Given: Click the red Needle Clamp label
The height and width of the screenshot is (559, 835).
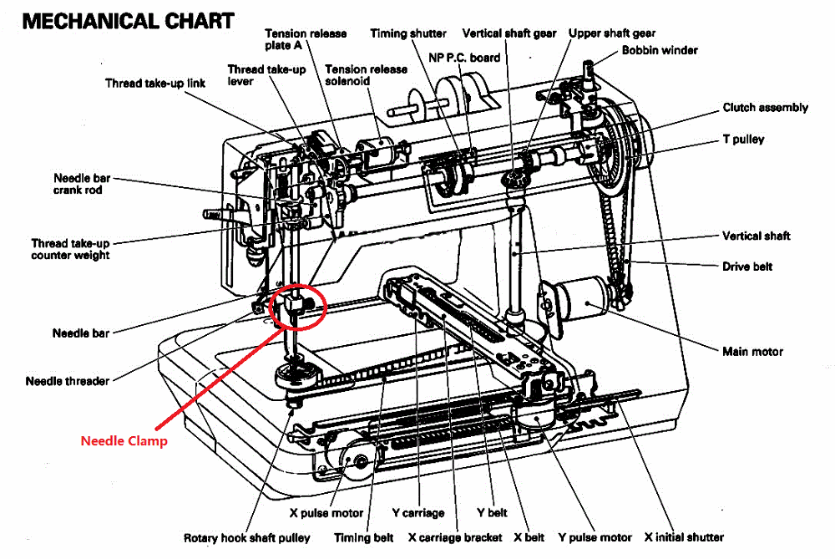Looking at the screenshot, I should point(124,440).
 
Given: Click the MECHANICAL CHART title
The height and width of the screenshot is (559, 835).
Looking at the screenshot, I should point(128,21).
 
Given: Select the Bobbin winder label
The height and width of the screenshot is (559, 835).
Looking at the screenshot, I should point(660,50).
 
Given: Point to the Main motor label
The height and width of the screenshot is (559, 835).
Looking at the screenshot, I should point(752,351).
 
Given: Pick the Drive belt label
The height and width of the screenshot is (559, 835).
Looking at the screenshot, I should point(747,267).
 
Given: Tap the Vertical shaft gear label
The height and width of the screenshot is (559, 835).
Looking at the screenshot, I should point(509,33).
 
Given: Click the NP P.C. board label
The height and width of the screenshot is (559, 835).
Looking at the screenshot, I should point(464,58).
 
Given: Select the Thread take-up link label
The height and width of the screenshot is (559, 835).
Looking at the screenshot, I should point(155,83).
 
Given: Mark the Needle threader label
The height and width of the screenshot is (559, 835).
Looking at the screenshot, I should point(68,381).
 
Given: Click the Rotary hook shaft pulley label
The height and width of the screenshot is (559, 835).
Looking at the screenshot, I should point(247,537).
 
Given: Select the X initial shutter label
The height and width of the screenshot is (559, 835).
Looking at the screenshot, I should point(684,536).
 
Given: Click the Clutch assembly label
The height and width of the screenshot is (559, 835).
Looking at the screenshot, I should point(765,107).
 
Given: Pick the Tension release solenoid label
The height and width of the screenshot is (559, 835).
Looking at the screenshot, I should point(367,75).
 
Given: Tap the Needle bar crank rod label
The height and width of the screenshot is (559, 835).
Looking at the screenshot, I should point(82,184).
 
